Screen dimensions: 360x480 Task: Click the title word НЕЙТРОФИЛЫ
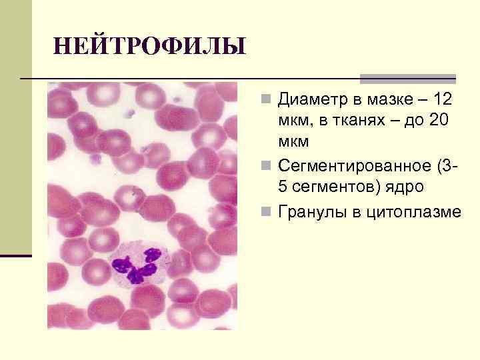149,46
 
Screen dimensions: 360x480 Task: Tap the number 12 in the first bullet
442,100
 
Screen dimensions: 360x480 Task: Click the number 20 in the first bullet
443,121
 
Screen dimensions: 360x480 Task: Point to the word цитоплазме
409,212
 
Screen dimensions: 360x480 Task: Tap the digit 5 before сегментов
283,187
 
